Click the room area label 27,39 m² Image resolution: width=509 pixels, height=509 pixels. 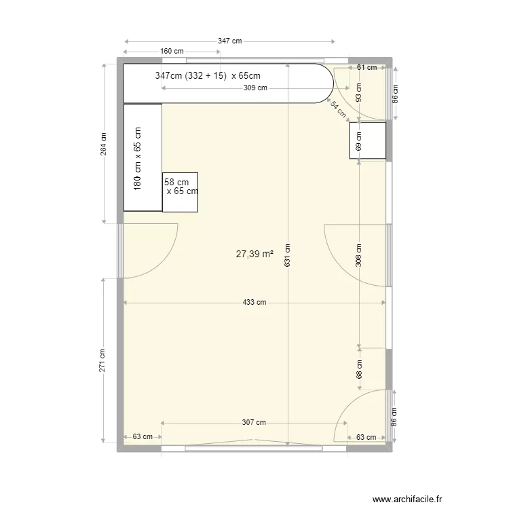[x=254, y=254]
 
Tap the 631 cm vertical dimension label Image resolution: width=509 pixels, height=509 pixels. [x=288, y=255]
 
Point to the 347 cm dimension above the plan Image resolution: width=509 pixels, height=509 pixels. [x=229, y=41]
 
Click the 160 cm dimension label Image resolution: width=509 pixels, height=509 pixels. [x=172, y=51]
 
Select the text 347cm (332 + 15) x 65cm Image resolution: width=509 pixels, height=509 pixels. [x=207, y=76]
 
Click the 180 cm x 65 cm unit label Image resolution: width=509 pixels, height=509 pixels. [x=138, y=157]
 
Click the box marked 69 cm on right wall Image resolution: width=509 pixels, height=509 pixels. [x=367, y=140]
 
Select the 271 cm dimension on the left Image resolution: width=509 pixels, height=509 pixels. [x=103, y=360]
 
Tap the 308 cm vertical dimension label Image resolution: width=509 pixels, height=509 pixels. [x=359, y=255]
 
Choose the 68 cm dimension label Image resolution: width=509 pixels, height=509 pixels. [x=359, y=370]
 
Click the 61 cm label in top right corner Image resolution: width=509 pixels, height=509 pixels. [x=366, y=67]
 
